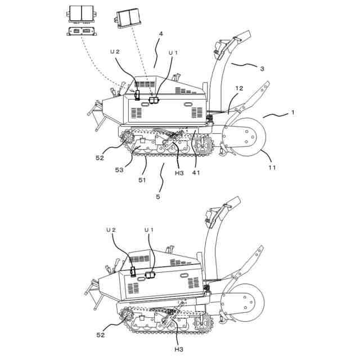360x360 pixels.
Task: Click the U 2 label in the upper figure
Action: (115, 52)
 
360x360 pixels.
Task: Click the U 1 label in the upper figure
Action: (173, 53)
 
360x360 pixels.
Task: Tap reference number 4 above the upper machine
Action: (161, 34)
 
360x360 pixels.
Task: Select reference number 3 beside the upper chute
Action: (262, 69)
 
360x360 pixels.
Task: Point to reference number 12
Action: (239, 88)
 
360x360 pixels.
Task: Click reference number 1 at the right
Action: (292, 112)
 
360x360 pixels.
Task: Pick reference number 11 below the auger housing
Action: (272, 168)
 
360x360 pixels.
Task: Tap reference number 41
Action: (196, 173)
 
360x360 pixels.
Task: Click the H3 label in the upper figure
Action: (179, 173)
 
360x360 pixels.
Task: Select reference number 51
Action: (142, 180)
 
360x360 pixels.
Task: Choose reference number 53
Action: (119, 170)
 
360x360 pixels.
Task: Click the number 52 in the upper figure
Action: (100, 158)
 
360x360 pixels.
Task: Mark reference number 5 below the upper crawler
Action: (158, 197)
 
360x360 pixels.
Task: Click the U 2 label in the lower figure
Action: (111, 230)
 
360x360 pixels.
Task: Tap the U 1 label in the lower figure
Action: (148, 230)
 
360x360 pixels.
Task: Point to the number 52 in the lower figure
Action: (101, 335)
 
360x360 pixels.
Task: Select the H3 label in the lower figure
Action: (179, 350)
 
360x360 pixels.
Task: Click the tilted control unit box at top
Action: (128, 18)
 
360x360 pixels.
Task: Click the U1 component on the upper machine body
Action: (153, 100)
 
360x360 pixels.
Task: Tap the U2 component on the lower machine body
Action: (133, 271)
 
